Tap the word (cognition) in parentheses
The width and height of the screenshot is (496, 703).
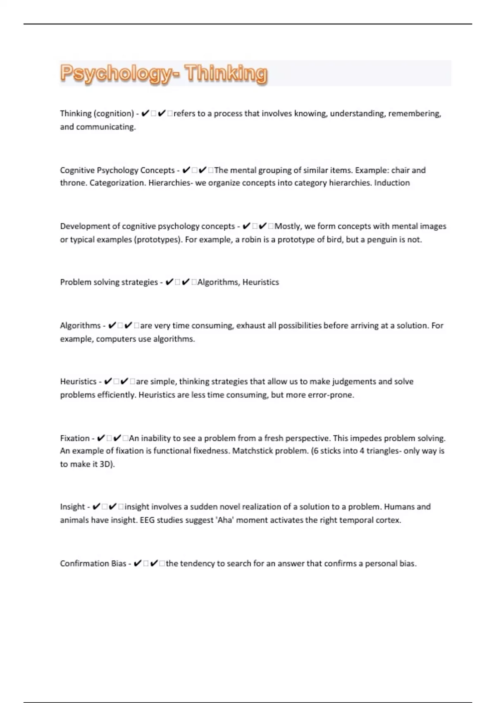point(114,114)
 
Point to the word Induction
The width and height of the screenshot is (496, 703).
point(392,183)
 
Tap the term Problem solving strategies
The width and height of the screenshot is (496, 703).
point(109,282)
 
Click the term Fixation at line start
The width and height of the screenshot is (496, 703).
point(75,438)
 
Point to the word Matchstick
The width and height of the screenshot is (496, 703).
point(252,451)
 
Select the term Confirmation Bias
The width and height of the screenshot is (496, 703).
point(93,564)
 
